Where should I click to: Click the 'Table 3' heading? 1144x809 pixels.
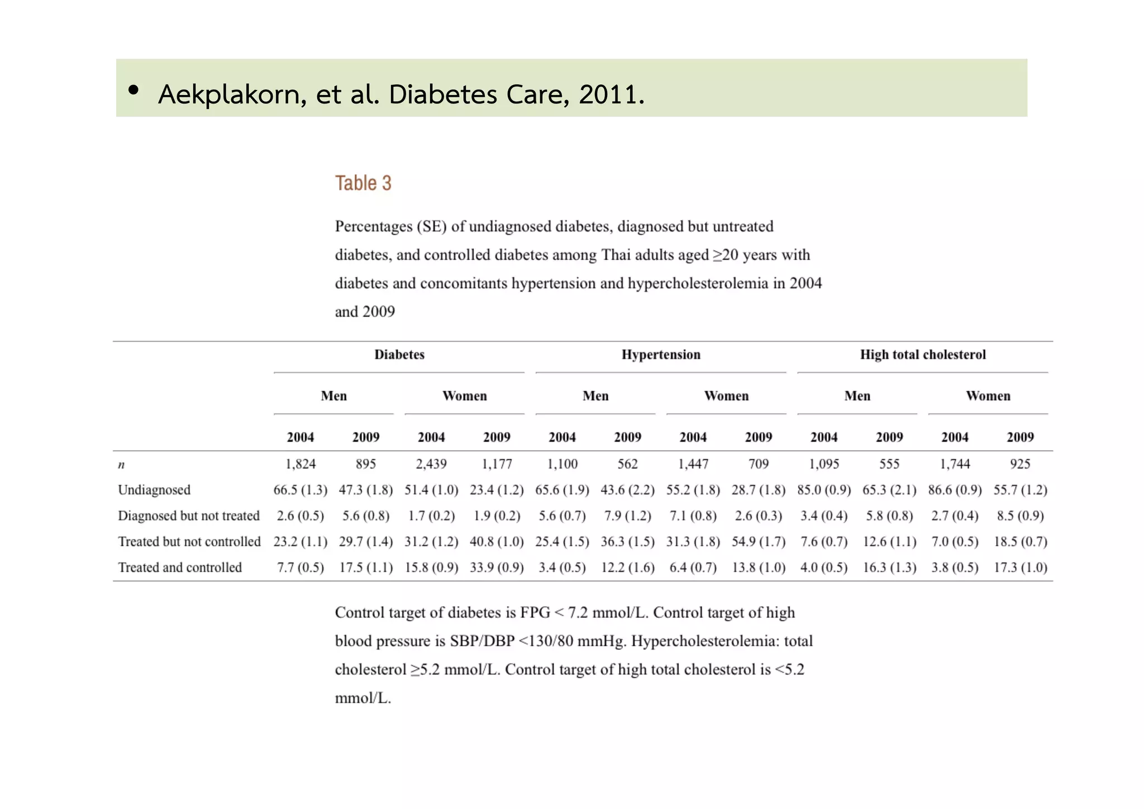point(363,183)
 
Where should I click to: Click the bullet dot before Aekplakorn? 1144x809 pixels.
point(133,90)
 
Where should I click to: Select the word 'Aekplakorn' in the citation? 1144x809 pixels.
point(232,94)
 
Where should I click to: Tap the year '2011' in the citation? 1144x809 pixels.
point(608,94)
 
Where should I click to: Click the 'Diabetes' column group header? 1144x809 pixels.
point(399,354)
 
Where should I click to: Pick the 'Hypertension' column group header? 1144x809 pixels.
point(661,354)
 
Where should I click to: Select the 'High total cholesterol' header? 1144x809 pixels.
point(922,354)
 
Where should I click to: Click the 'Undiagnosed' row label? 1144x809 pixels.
point(154,490)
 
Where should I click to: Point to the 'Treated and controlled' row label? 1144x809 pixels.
point(180,567)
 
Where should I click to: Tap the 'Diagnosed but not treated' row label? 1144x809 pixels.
point(189,515)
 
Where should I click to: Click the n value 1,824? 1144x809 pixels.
point(301,464)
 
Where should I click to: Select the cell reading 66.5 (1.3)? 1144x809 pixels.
point(301,490)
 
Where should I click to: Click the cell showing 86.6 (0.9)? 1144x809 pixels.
point(955,490)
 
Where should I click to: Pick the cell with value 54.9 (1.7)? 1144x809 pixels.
point(759,542)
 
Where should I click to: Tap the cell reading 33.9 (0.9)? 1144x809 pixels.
point(497,567)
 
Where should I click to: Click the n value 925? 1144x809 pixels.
point(1020,464)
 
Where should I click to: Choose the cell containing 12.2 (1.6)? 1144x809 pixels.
point(627,567)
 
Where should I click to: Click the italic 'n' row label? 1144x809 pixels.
point(121,465)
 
